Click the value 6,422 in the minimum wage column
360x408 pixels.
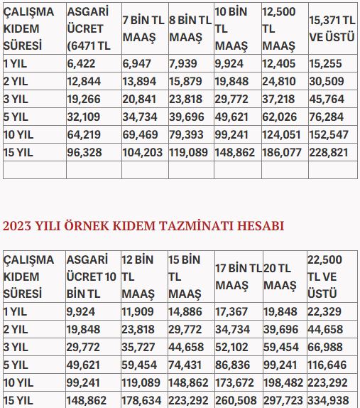(x=80, y=63)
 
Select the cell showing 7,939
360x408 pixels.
(x=183, y=63)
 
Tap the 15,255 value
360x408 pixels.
(x=326, y=63)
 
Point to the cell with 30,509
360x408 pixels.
(x=326, y=81)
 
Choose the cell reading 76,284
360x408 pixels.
(x=326, y=117)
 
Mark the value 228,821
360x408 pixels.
(x=329, y=152)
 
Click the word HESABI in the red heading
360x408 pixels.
(x=256, y=226)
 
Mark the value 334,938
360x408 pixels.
(x=329, y=399)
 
